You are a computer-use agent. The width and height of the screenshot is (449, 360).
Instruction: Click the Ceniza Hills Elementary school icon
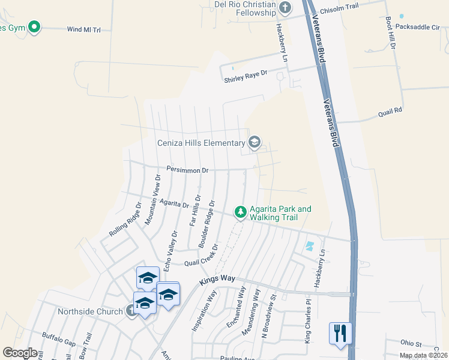(254, 142)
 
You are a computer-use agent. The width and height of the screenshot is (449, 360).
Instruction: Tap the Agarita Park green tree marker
(240, 212)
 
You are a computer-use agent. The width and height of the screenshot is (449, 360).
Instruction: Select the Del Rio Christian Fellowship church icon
(285, 7)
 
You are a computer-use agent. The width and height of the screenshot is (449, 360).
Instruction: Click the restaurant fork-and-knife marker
(340, 332)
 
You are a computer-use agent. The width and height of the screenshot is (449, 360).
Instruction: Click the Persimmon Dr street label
(187, 170)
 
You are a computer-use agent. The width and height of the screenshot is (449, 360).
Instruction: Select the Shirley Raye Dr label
(245, 76)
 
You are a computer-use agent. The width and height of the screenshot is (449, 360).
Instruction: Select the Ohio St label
(412, 343)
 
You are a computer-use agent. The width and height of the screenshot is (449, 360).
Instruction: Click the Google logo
(20, 352)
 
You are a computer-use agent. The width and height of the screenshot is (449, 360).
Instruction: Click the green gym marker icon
(34, 27)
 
